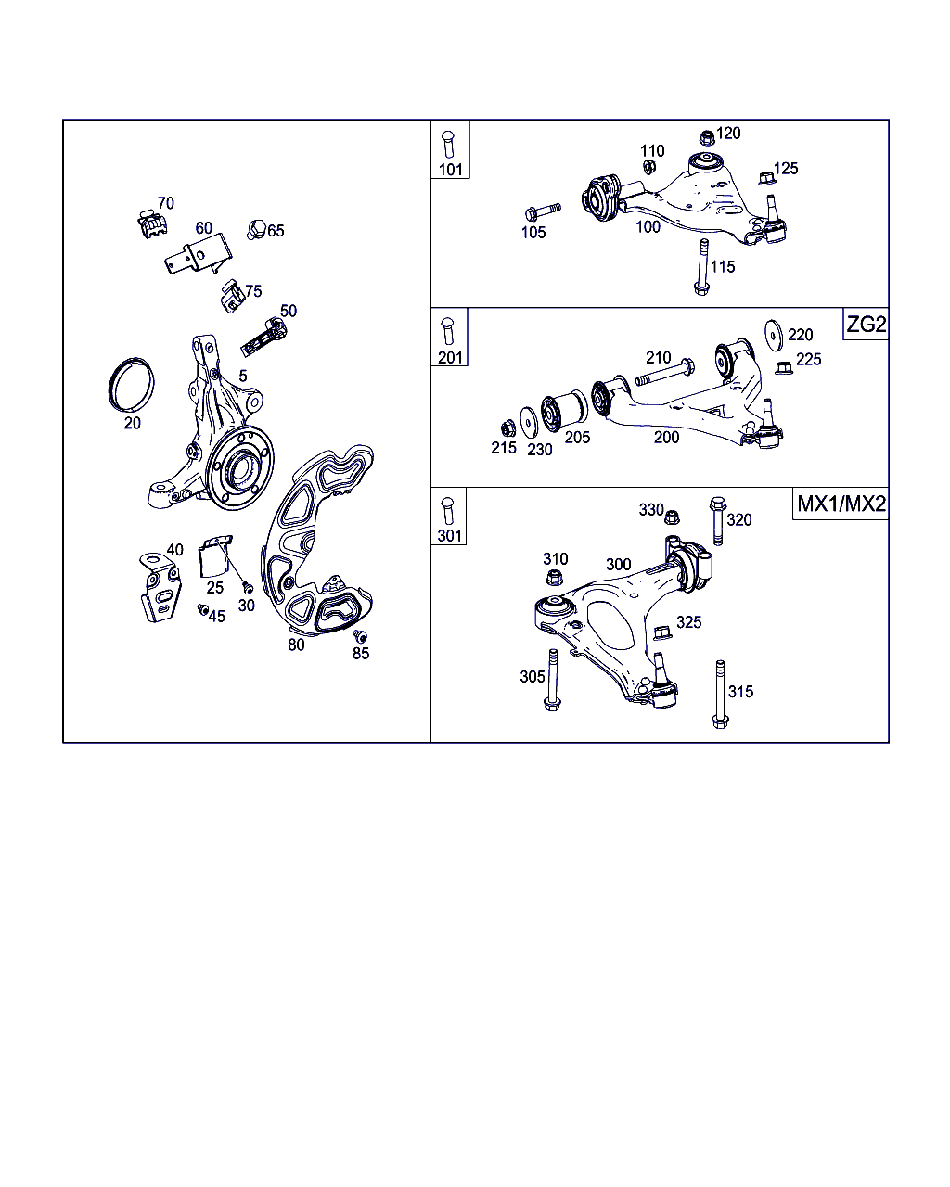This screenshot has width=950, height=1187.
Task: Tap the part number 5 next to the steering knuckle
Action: (x=243, y=376)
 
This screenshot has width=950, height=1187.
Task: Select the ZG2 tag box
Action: (x=866, y=324)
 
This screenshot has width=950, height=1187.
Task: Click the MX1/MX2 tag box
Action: (x=841, y=504)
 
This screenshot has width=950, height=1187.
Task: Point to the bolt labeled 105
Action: (x=543, y=211)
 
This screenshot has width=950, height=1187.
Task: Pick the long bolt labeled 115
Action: (x=702, y=267)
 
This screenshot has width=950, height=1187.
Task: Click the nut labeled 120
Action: (x=707, y=137)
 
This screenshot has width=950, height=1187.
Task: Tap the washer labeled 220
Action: (x=774, y=335)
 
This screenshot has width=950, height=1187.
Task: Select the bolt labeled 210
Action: (x=665, y=372)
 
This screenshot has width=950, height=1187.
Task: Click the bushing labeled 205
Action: (x=564, y=411)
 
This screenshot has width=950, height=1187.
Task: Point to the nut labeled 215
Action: (x=507, y=428)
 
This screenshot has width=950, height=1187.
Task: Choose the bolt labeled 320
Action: (x=718, y=521)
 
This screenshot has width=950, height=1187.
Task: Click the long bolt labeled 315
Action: (x=720, y=694)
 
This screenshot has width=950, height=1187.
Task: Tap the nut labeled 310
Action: (x=554, y=578)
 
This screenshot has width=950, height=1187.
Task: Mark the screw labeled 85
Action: (x=361, y=636)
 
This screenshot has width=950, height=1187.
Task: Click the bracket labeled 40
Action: (x=160, y=588)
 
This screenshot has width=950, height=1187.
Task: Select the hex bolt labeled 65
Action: (x=256, y=229)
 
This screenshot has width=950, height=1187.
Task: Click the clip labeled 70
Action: (x=152, y=223)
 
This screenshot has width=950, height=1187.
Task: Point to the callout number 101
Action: (x=451, y=170)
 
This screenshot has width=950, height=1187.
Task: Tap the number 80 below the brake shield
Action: (x=296, y=645)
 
